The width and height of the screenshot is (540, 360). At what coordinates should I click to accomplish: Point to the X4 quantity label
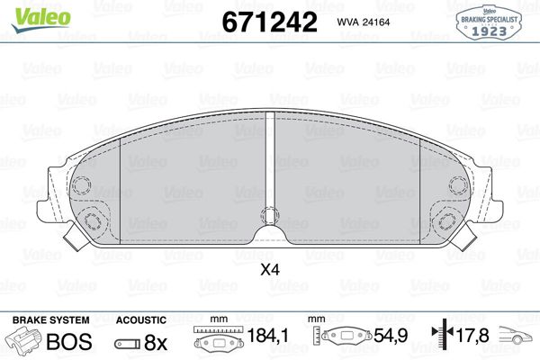(270, 268)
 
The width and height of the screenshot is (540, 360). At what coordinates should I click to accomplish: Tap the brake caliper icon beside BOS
(27, 341)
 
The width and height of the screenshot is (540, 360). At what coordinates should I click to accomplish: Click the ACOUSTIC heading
(141, 319)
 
